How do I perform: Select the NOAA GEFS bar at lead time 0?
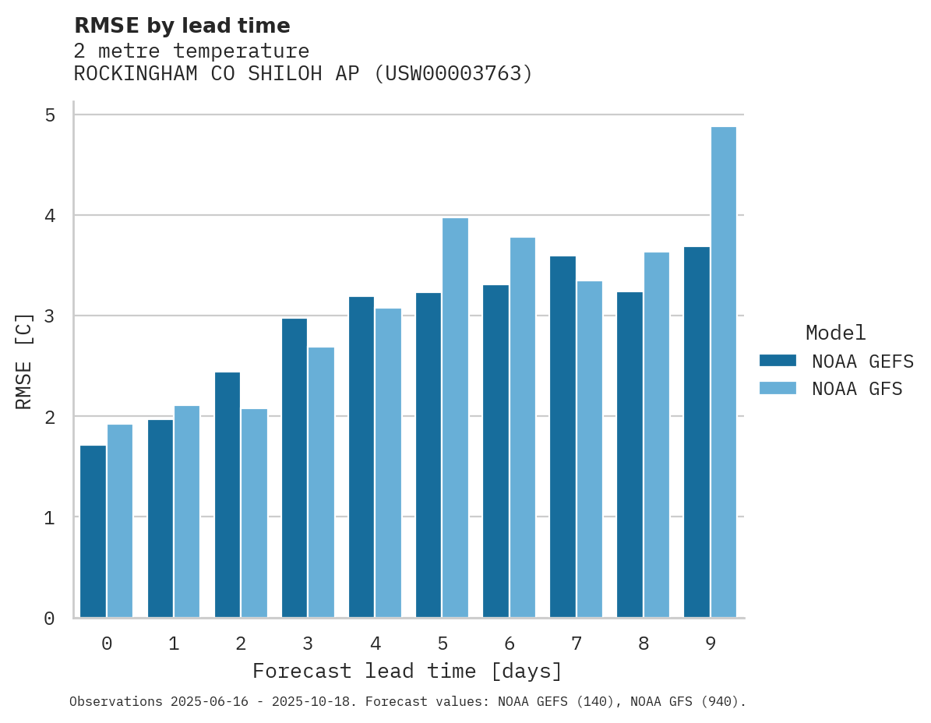click(x=93, y=531)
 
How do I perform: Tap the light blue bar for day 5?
click(x=455, y=418)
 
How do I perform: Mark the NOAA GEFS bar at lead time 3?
click(x=294, y=467)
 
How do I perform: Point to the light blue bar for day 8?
click(x=656, y=435)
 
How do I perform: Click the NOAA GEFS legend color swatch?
click(x=778, y=361)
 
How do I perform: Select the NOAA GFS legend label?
click(x=857, y=389)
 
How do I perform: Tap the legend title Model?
click(x=835, y=333)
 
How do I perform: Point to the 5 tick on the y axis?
click(x=50, y=115)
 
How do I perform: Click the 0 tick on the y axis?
click(x=50, y=619)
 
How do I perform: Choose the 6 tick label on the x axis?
click(x=510, y=644)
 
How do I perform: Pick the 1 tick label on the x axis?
click(x=174, y=644)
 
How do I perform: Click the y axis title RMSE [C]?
click(x=25, y=361)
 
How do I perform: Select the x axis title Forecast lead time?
click(x=407, y=672)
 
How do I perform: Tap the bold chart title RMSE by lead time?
click(x=182, y=26)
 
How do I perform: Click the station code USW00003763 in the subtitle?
click(x=457, y=74)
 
